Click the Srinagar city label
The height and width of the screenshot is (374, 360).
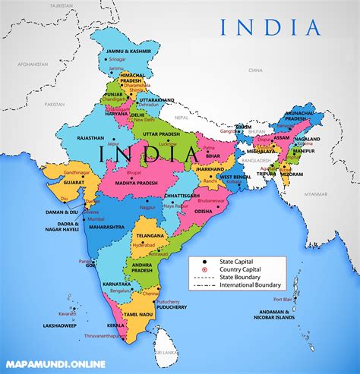pyautogui.click(x=116, y=58)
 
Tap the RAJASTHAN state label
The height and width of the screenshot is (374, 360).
pyautogui.click(x=69, y=138)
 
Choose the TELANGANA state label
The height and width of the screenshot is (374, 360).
pyautogui.click(x=147, y=236)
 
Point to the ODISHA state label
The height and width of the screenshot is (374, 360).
pyautogui.click(x=198, y=211)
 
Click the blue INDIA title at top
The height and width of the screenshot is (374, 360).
pyautogui.click(x=270, y=28)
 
